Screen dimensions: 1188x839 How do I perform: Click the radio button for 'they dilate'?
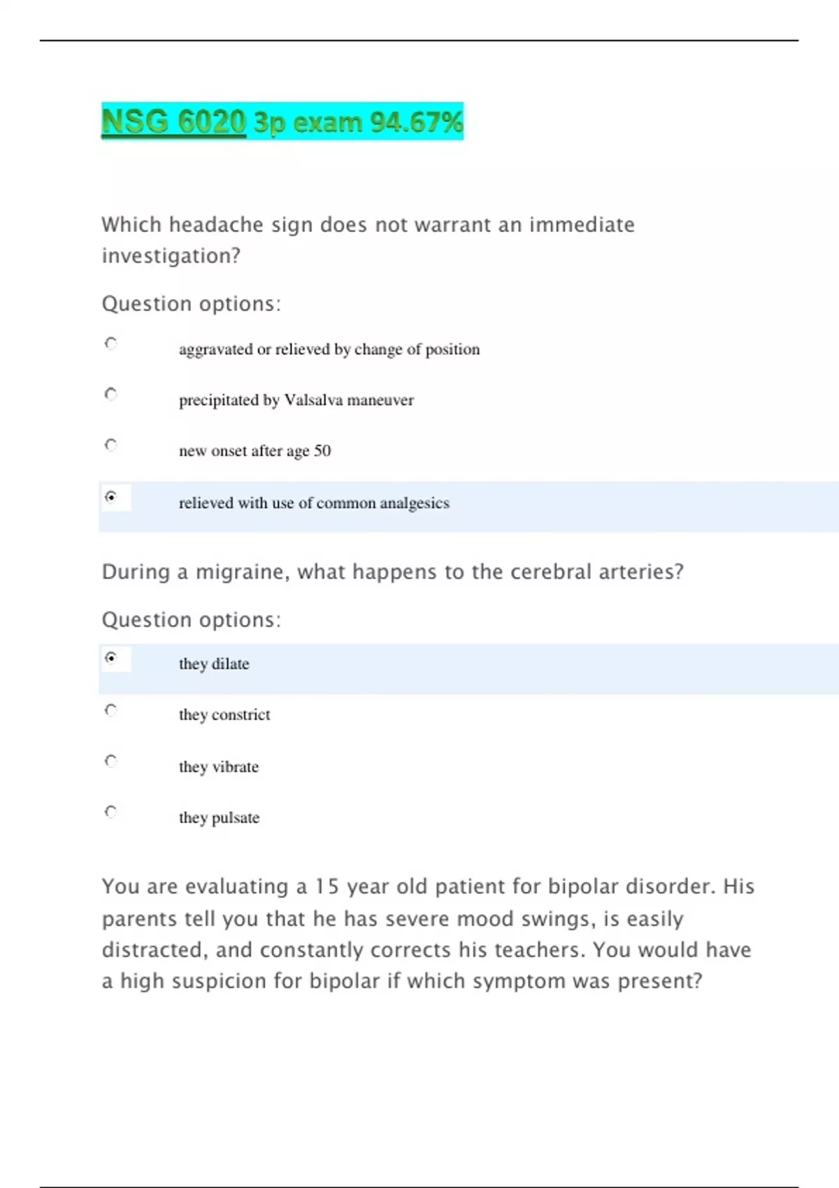click(110, 658)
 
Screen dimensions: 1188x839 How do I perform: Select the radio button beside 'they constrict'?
click(110, 710)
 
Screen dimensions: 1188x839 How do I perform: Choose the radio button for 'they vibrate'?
click(110, 761)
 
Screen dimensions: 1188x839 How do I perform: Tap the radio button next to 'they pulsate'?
click(110, 811)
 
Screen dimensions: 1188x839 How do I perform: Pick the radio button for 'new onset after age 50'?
click(110, 444)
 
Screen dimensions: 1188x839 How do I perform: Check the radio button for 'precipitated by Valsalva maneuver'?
click(110, 394)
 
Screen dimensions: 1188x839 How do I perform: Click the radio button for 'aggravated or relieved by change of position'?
click(110, 343)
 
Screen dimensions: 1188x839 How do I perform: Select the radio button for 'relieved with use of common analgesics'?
click(110, 497)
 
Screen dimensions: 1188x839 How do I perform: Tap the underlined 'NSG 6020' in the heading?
click(173, 122)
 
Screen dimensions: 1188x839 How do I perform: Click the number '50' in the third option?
click(322, 451)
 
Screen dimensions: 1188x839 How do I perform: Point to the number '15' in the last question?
click(327, 887)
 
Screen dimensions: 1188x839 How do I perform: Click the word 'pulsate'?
click(236, 818)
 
